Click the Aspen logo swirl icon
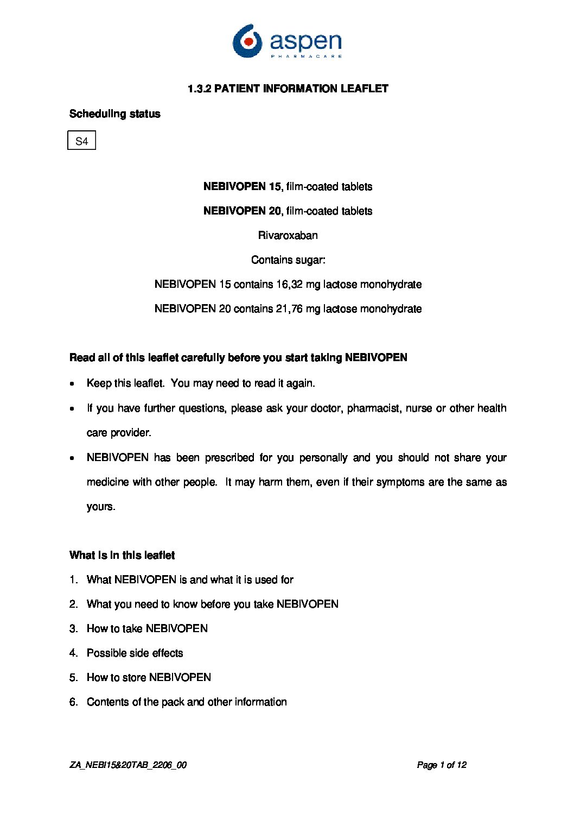click(x=247, y=41)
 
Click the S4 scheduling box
click(x=82, y=141)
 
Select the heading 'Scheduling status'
click(x=115, y=114)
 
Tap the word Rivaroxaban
click(x=288, y=236)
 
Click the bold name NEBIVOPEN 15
click(x=242, y=187)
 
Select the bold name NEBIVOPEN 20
click(x=242, y=211)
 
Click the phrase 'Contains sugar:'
click(x=288, y=260)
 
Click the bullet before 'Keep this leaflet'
click(x=73, y=384)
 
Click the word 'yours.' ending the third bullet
click(x=101, y=507)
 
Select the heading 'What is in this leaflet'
click(x=122, y=556)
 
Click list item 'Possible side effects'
click(x=135, y=653)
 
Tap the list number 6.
click(x=73, y=702)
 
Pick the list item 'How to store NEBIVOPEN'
click(x=149, y=678)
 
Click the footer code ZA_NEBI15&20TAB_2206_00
click(x=128, y=765)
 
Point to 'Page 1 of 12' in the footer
click(x=442, y=765)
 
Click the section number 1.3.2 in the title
click(x=199, y=89)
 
